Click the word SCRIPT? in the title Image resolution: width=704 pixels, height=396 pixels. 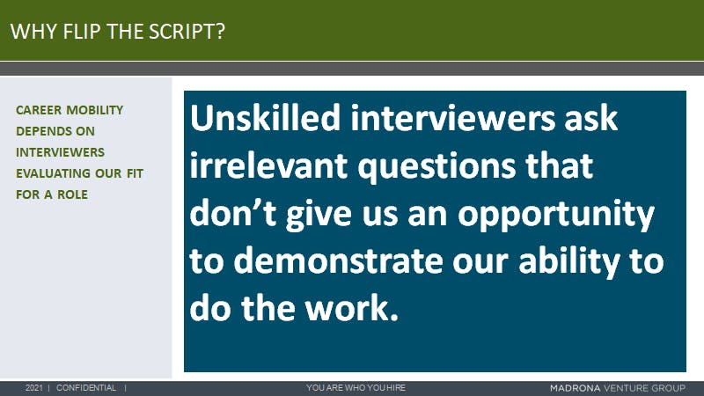(187, 32)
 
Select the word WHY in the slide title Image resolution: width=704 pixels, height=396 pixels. (34, 32)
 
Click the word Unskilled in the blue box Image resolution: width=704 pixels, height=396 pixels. (265, 118)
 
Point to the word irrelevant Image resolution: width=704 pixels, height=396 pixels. (268, 165)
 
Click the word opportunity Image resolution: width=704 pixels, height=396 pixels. (556, 216)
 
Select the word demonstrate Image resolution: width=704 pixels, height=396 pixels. (339, 260)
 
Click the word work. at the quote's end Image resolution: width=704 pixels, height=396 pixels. (351, 308)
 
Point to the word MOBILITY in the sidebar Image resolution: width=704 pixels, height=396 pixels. (95, 110)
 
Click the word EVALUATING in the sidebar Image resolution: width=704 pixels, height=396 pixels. (53, 173)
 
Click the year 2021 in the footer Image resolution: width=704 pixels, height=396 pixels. (33, 388)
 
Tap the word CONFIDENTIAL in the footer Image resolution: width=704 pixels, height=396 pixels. (86, 388)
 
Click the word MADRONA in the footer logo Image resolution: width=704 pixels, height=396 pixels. (575, 388)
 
